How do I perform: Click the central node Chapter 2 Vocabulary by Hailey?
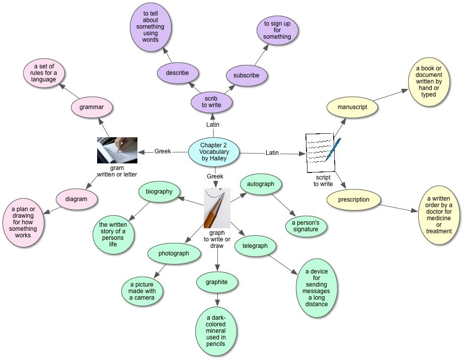point(214,151)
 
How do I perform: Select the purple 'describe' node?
point(177,73)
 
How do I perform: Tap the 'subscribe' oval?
point(247,75)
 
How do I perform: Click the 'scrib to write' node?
point(212,102)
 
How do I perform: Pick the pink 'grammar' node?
point(92,107)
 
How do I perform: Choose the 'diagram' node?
point(76,199)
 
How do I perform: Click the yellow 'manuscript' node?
point(352,107)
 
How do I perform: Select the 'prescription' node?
point(353,200)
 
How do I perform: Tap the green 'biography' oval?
point(159,192)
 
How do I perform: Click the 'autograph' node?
point(261,184)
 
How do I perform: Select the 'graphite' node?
point(216,282)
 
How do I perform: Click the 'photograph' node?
point(174,253)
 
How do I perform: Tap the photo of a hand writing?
point(117,150)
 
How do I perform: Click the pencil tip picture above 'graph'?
point(217,208)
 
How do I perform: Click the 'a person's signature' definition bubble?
point(306,226)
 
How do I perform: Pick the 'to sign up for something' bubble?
point(277,30)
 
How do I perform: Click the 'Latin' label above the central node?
point(213,125)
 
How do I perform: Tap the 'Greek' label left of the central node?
point(163,151)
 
